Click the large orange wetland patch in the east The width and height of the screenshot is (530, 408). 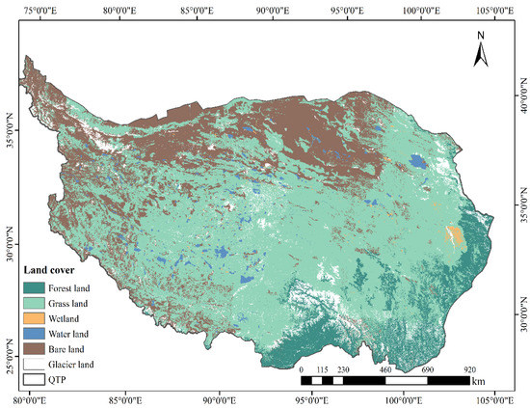[452, 234]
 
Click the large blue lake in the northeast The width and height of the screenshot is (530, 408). [418, 162]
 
